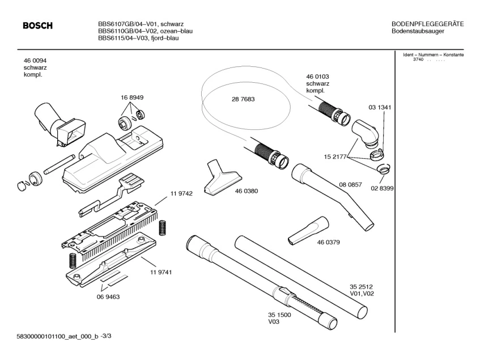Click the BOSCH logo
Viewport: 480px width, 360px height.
coord(37,26)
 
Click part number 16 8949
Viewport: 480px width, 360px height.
coord(132,98)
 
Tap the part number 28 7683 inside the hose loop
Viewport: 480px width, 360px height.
coord(243,99)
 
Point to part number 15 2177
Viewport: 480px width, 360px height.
coord(335,156)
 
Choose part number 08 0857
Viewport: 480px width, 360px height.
coord(350,184)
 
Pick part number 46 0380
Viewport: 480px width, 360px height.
coord(247,191)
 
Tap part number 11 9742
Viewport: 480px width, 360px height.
coord(181,193)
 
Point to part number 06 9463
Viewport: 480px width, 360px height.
coord(108,296)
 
